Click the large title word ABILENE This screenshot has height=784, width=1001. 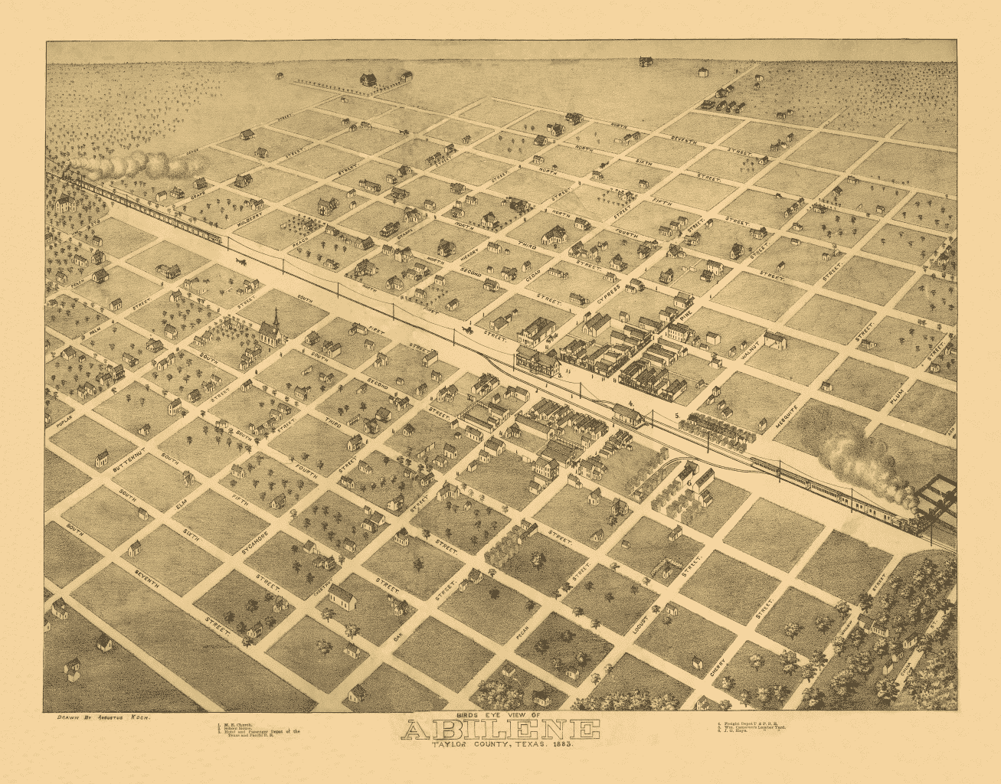[x=500, y=730]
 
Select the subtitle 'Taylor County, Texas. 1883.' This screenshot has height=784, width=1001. [x=500, y=746]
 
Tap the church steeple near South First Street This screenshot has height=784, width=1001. [x=274, y=321]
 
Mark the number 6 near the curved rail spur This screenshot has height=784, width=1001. [x=689, y=483]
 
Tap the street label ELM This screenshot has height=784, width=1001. [x=182, y=505]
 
